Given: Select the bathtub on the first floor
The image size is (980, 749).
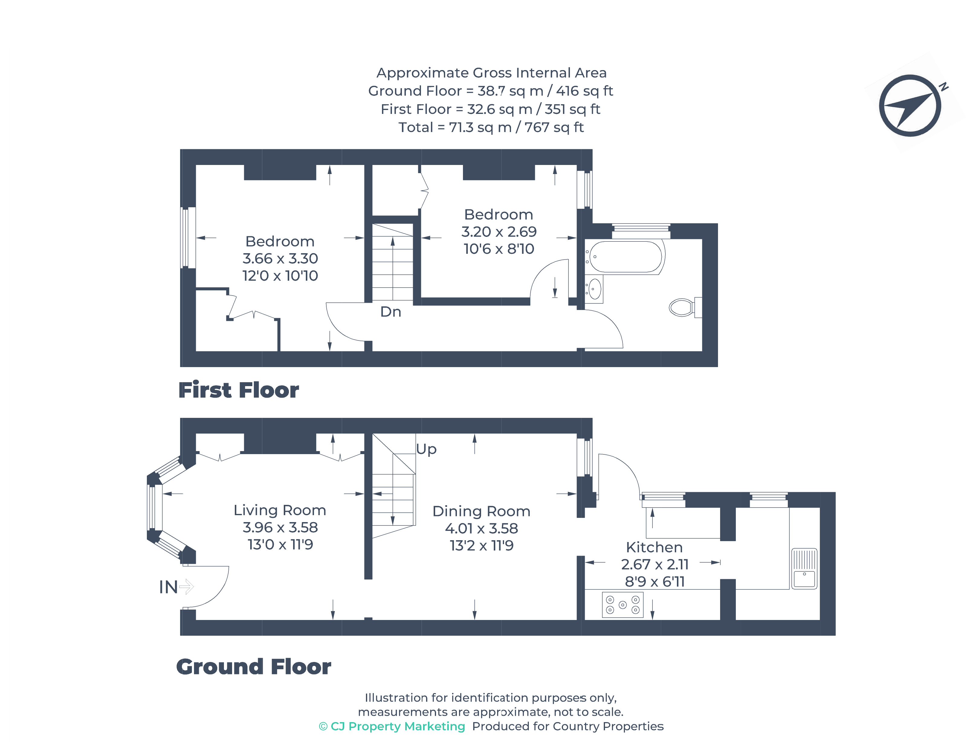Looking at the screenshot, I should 625,257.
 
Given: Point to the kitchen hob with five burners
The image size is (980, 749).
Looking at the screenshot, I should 623,605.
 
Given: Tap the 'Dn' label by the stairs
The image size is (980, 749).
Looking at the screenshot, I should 390,312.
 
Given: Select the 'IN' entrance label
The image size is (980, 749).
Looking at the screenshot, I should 168,587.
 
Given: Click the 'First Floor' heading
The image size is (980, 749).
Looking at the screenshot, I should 238,390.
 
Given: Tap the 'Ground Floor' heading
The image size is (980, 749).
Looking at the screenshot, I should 253,667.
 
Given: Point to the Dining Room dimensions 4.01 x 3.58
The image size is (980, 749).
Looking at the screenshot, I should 481,528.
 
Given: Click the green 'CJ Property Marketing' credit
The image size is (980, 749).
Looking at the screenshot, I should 392,726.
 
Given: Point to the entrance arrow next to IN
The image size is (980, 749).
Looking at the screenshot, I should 186,587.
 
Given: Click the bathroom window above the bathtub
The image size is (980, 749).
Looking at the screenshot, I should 640,231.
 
